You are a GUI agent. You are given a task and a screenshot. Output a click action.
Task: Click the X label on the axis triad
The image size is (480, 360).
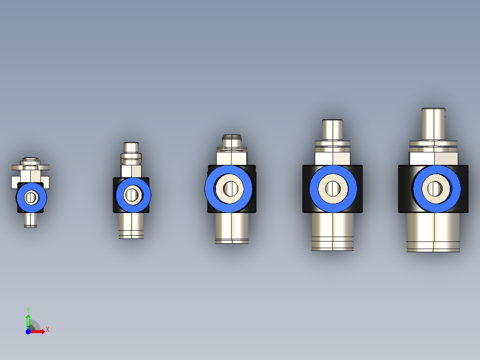[x=47, y=330]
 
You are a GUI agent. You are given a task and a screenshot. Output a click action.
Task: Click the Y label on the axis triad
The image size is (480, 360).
[x=28, y=309]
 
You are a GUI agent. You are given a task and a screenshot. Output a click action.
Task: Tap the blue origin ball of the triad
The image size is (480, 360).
[x=28, y=331]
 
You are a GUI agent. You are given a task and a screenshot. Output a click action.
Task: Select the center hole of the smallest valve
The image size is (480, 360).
[x=31, y=197]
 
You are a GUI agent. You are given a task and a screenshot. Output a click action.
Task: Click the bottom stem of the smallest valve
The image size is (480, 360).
[x=30, y=220]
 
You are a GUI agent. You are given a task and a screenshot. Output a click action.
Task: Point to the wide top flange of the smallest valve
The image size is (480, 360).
[x=30, y=168]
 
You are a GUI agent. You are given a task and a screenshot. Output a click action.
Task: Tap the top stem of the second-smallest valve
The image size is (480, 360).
[x=131, y=147]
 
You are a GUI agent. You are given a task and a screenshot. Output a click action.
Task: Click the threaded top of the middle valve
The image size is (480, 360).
[x=232, y=140]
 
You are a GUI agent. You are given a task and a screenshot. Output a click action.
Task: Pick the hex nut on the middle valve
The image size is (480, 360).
[x=232, y=157]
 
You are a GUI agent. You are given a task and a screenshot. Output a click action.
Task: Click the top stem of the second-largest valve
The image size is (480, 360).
[x=332, y=130]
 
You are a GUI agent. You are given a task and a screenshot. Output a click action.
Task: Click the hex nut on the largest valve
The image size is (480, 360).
[x=433, y=158]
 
